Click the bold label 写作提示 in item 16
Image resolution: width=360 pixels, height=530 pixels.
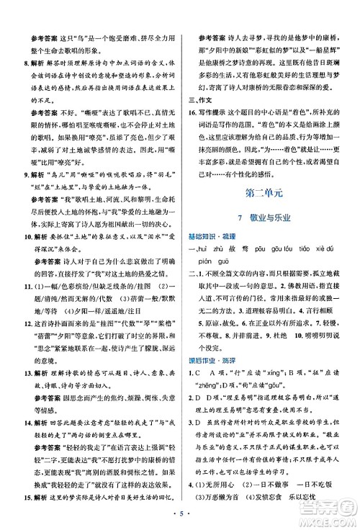click(220, 135)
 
